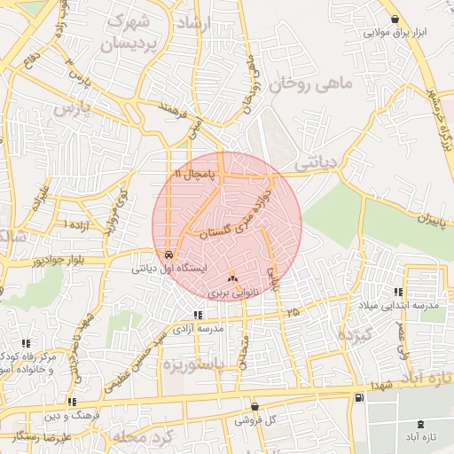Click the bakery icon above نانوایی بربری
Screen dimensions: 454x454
[x=232, y=278]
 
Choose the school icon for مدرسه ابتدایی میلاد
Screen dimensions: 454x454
[x=398, y=292]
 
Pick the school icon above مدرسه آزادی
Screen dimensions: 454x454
[x=199, y=315]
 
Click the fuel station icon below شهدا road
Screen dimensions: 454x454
[x=358, y=397]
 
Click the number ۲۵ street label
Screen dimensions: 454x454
[x=293, y=311]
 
